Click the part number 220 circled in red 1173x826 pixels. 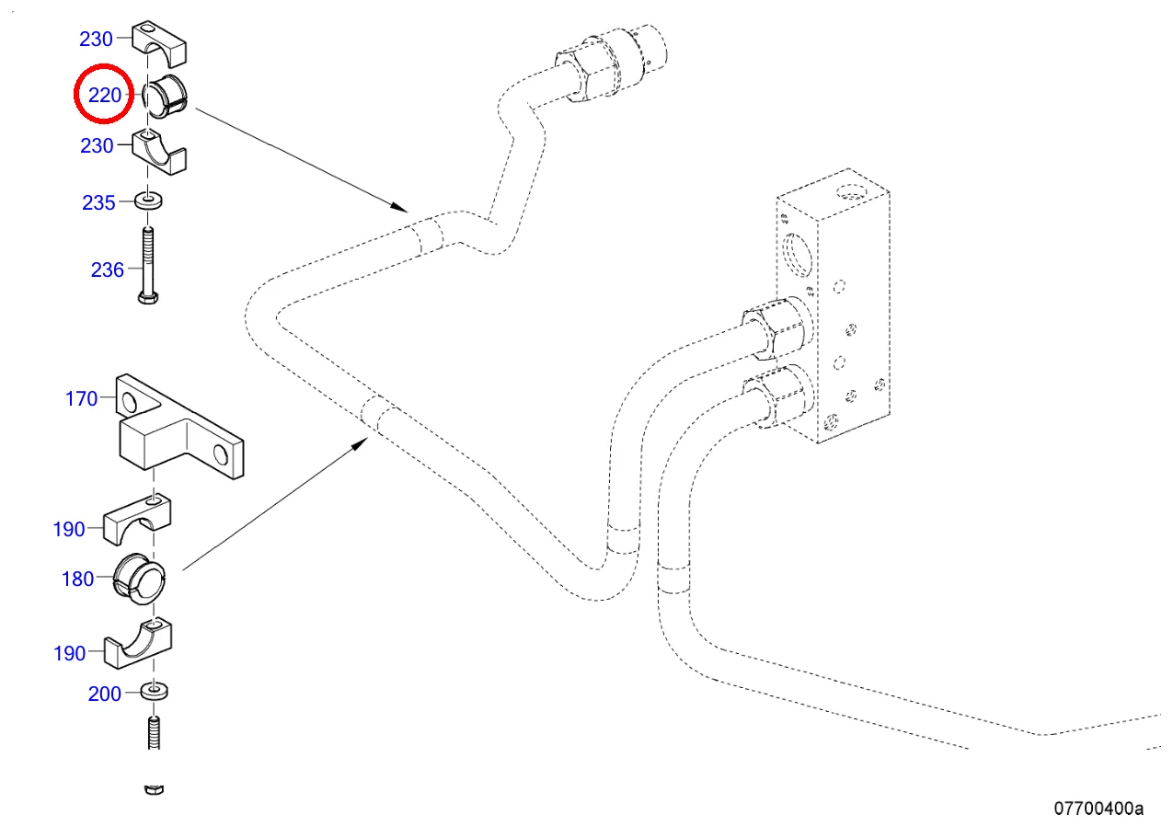coord(104,94)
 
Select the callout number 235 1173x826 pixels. coord(98,203)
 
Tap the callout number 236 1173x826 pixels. coord(107,270)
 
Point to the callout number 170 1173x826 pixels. coord(81,399)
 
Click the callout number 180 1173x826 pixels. coord(77,579)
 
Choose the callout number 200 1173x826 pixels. coord(104,694)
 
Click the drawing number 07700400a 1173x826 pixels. coord(1098,809)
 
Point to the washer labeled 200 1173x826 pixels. coord(155,690)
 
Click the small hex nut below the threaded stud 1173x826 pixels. coord(155,788)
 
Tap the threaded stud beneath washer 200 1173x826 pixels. coord(155,734)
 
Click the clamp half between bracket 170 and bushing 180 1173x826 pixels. coord(138,521)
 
